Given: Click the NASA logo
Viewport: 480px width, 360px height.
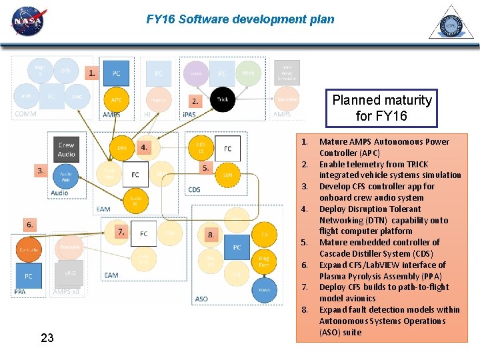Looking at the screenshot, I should click(27, 22).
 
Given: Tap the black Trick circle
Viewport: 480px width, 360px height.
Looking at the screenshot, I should click(223, 99).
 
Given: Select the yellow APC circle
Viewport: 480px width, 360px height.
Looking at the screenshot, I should click(117, 100).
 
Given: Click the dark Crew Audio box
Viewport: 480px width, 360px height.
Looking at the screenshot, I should click(66, 149).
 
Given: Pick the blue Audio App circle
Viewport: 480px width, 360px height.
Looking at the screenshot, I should click(66, 176).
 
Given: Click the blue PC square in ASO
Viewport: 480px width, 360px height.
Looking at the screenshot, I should click(237, 247).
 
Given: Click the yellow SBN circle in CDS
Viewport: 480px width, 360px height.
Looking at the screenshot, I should click(227, 175).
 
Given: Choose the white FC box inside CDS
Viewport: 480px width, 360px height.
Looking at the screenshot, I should click(228, 149).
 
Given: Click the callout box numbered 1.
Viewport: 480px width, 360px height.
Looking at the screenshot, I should click(92, 72).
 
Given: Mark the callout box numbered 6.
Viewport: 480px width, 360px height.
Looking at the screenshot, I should click(30, 225).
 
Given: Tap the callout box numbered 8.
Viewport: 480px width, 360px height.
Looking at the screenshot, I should click(211, 234).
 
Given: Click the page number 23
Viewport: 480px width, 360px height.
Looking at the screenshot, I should click(47, 338).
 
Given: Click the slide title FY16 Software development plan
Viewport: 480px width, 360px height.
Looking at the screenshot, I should click(240, 19).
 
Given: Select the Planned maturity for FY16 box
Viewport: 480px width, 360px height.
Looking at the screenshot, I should click(382, 108).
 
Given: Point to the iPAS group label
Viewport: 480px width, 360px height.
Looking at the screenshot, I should click(189, 114).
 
